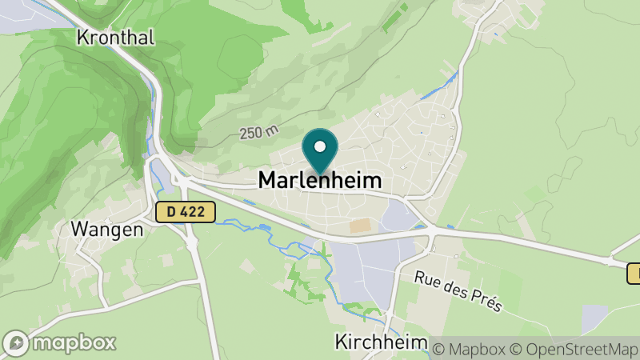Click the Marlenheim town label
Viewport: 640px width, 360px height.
(x=319, y=181)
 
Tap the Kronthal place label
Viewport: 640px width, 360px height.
(x=115, y=37)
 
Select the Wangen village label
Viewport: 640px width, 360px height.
(x=106, y=229)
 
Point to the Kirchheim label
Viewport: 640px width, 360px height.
(x=380, y=342)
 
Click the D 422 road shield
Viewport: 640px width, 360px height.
(x=186, y=212)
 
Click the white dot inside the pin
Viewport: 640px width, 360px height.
(x=320, y=146)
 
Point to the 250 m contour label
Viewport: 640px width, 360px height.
(x=258, y=133)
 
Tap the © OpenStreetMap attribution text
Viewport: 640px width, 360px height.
(x=575, y=349)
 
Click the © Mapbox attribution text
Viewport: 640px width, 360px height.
(x=470, y=349)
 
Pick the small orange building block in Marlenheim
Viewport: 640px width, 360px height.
(x=361, y=226)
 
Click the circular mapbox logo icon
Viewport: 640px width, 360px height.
(x=18, y=342)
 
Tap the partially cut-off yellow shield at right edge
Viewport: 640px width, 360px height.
(x=634, y=274)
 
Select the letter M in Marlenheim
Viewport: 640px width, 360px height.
(x=267, y=181)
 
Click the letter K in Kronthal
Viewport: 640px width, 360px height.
(x=83, y=37)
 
